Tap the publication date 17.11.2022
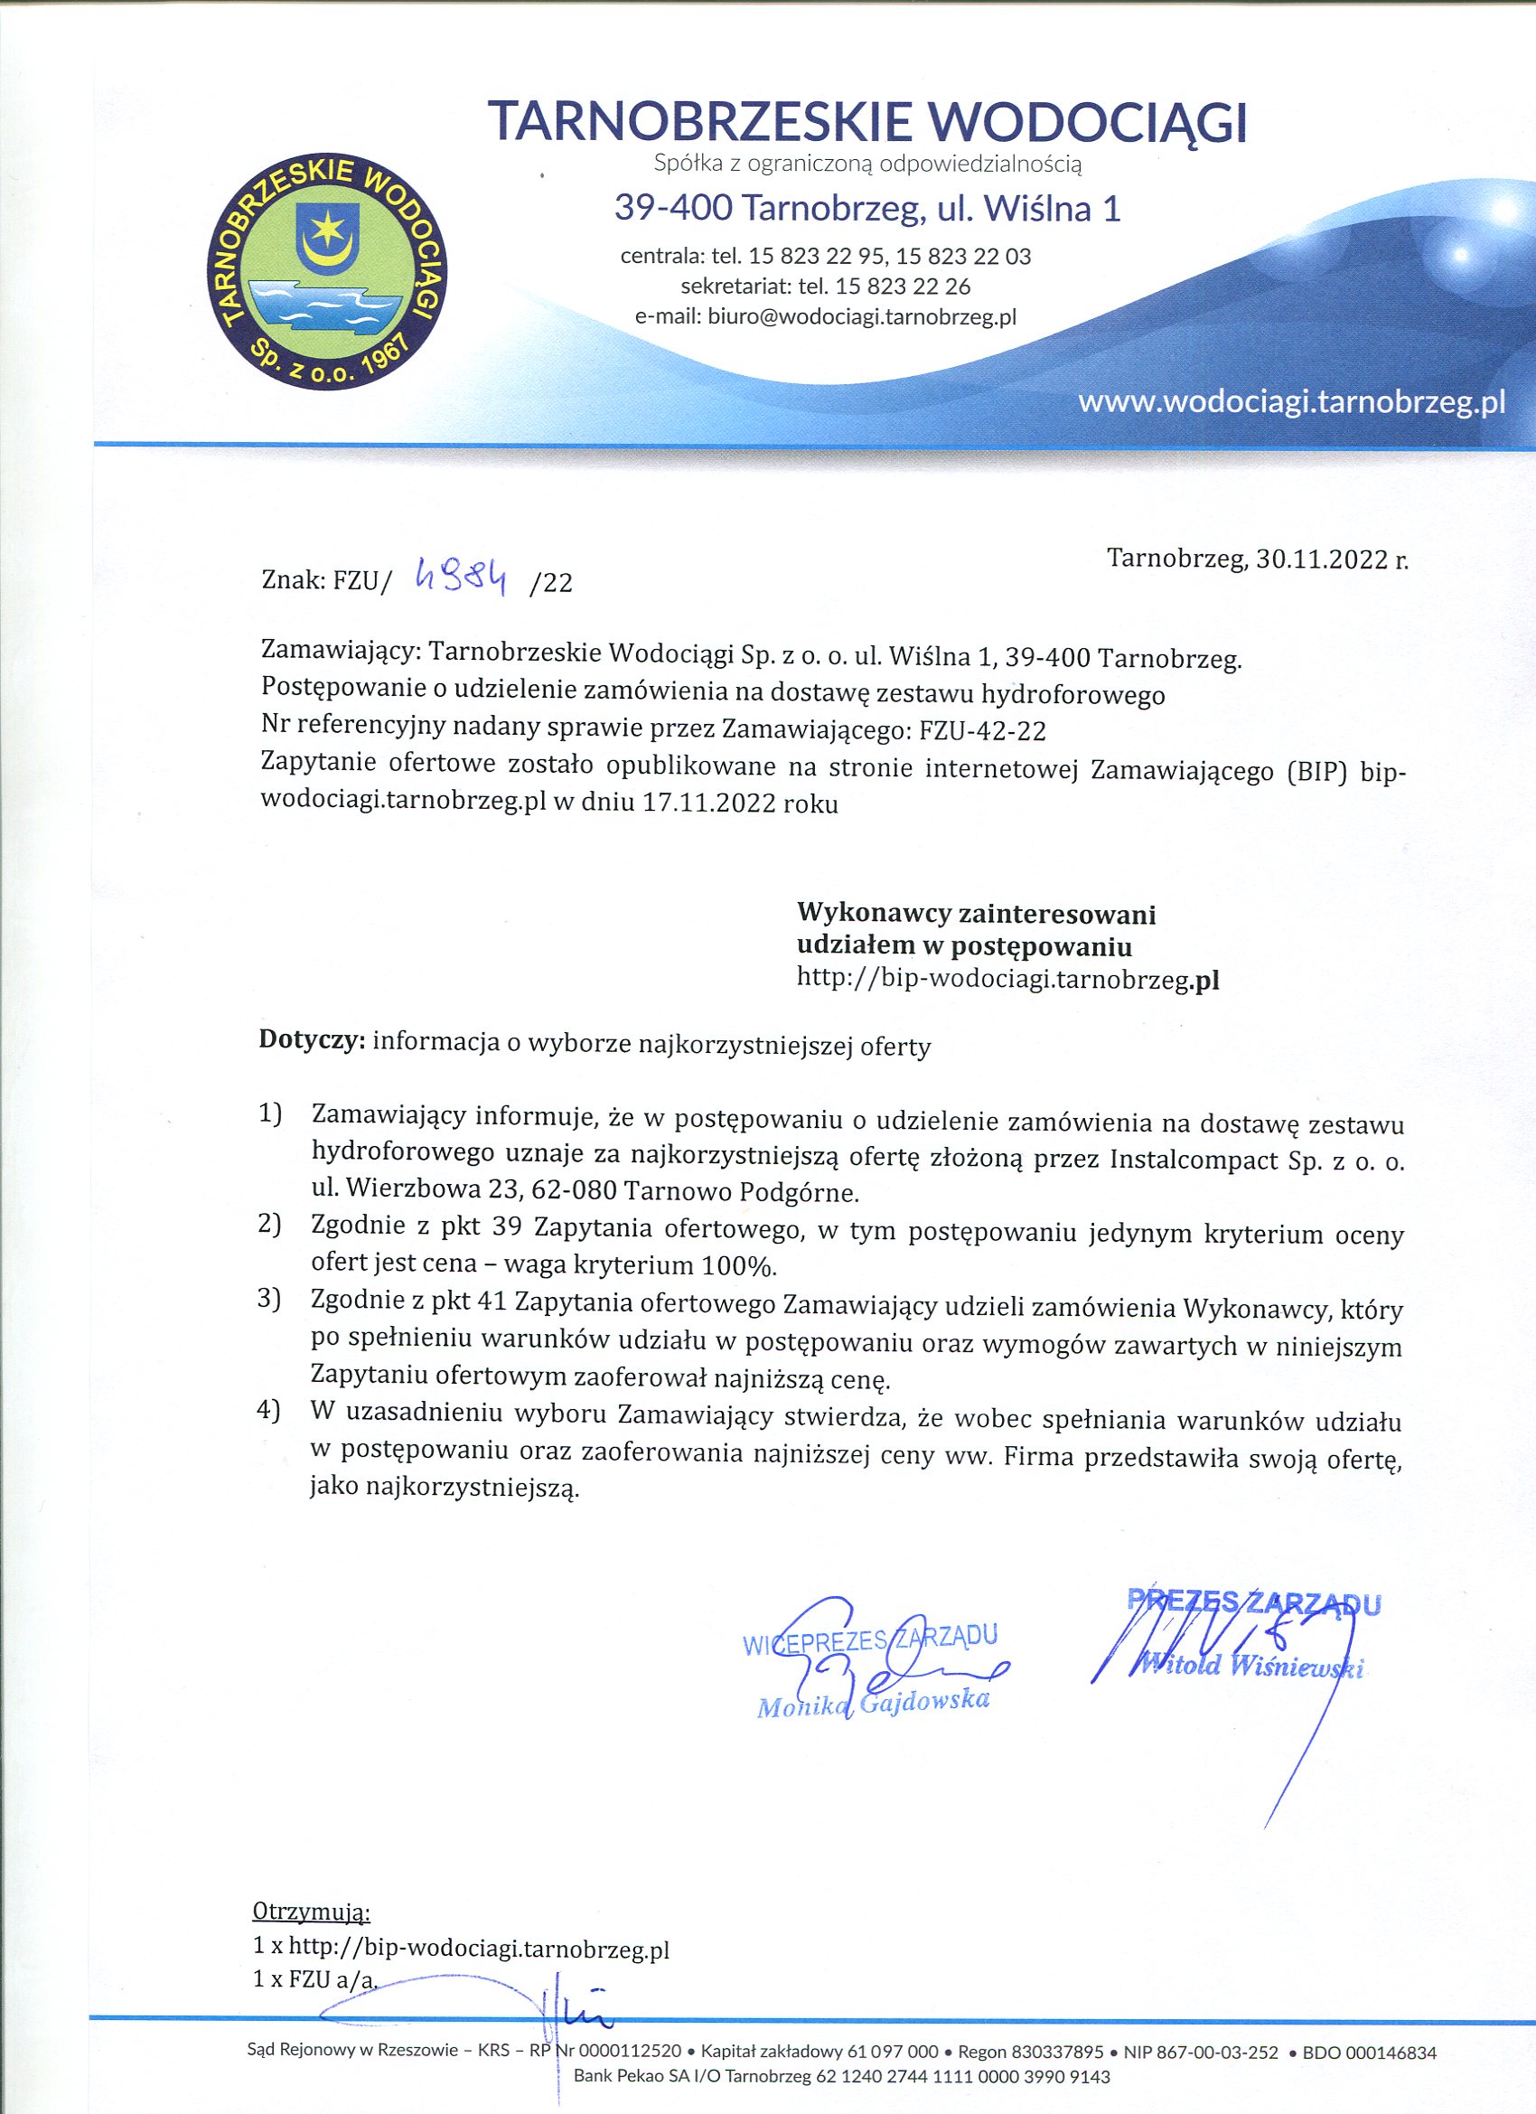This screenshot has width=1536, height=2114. coord(708,803)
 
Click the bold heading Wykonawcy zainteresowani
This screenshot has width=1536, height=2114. coord(976,914)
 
